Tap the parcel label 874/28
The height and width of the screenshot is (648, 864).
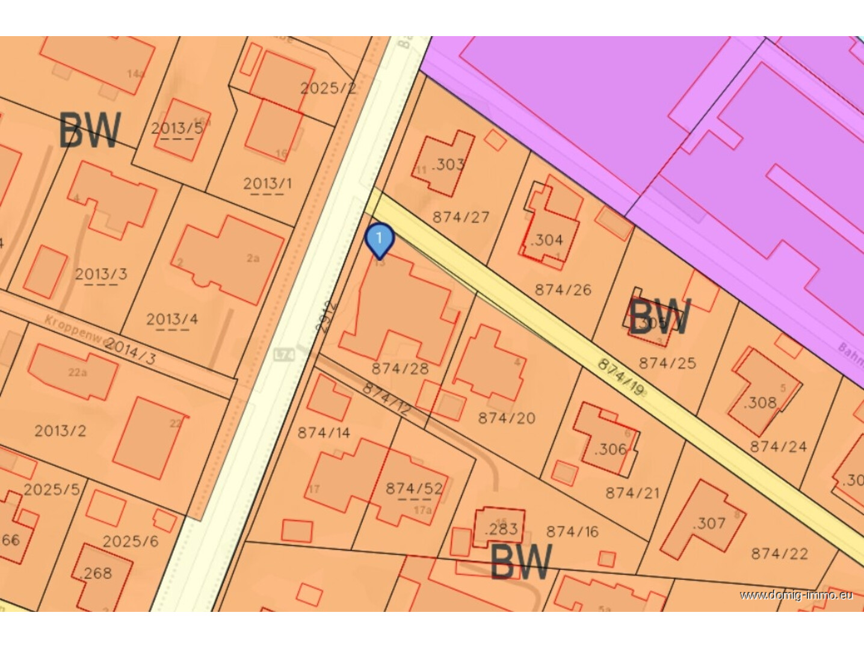400,368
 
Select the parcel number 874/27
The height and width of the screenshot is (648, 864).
461,217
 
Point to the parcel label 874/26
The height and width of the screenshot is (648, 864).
563,290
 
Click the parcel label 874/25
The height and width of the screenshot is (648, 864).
667,363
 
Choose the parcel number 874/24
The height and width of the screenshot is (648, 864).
778,446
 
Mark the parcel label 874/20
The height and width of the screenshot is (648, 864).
507,418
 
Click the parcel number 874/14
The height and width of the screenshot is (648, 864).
324,432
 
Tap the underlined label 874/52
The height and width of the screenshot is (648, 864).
414,489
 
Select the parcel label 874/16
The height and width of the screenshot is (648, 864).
572,531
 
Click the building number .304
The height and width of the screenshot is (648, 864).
546,240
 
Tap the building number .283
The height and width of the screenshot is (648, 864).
501,529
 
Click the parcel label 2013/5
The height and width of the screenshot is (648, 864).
177,128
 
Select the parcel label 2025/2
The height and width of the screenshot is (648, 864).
328,88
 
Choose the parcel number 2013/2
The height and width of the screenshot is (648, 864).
60,431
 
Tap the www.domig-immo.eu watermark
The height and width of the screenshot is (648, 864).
796,595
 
